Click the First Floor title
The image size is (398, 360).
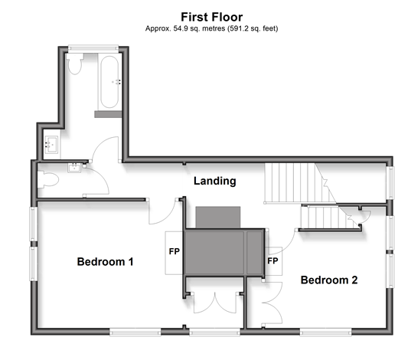212,17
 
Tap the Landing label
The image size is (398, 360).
215,181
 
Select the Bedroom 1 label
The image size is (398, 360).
105,262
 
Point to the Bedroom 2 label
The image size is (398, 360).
329,280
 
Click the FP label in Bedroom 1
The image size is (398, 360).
175,251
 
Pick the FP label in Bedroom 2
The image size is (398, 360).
272,261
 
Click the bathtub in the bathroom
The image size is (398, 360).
109,82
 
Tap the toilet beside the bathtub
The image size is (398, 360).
75,64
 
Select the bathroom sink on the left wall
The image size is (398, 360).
51,145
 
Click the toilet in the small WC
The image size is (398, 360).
48,179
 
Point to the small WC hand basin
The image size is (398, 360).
74,168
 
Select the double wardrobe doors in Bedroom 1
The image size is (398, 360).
215,303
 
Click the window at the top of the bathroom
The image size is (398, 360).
93,48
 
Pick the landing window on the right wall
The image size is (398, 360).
390,182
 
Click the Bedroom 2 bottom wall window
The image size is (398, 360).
325,332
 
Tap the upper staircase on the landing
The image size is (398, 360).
299,183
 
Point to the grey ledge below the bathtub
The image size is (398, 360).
108,114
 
